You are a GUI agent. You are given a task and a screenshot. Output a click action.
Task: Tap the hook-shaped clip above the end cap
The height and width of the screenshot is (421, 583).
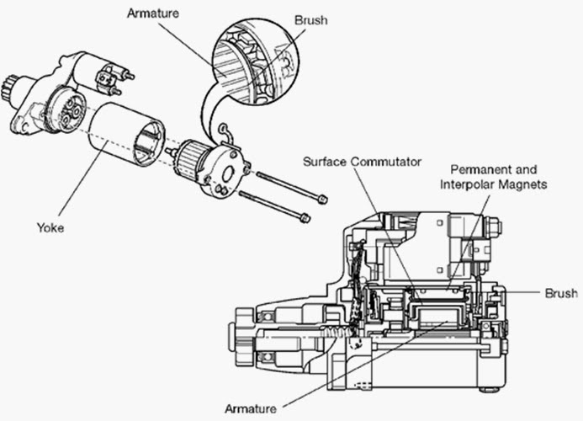pyautogui.click(x=223, y=129)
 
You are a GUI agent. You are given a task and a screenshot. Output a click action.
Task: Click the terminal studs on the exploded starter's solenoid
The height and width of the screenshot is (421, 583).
pyautogui.click(x=109, y=78)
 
